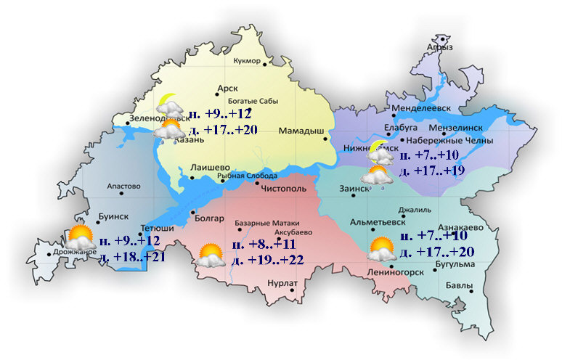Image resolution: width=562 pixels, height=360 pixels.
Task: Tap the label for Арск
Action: (x=227, y=89)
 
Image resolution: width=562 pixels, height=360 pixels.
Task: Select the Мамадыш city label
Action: (x=301, y=131)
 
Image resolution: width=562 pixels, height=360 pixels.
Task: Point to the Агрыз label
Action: (x=440, y=47)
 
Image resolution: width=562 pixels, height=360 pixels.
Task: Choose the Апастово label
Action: (x=123, y=187)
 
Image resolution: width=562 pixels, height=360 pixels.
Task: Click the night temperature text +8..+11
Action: (x=275, y=245)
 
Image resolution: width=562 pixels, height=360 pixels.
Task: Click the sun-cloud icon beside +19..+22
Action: (x=211, y=255)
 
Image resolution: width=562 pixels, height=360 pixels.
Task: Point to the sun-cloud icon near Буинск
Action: (x=79, y=237)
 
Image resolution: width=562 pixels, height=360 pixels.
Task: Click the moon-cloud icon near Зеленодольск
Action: (x=169, y=105)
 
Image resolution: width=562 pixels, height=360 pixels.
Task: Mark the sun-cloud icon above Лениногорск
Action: (x=382, y=250)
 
